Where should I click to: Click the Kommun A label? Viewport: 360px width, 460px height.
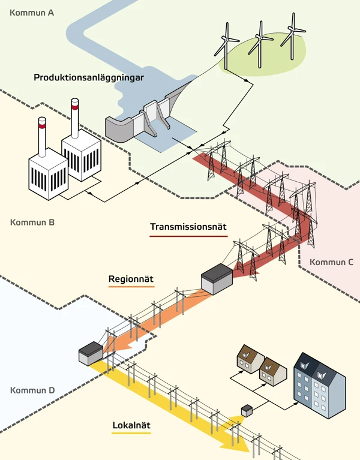31,11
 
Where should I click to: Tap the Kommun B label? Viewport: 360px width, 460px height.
32,223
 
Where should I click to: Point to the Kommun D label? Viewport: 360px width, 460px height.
32,390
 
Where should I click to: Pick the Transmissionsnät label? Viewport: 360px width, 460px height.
186,227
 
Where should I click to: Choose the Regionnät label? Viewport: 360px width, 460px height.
131,279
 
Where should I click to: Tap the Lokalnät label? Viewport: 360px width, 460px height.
131,426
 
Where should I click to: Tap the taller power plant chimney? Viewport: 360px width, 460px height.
75,120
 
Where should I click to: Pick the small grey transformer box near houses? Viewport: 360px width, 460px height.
246,411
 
